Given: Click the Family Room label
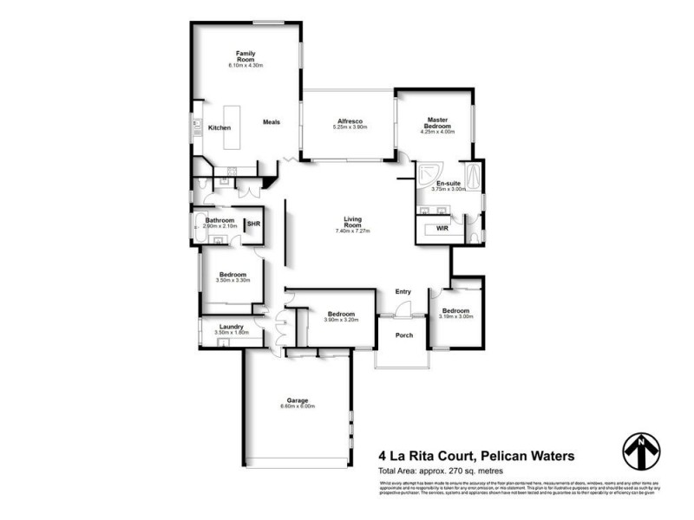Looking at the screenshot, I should click(x=245, y=56).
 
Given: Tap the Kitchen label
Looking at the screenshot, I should click(x=219, y=128).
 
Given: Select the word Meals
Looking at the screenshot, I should click(x=272, y=121).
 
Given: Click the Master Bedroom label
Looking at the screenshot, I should click(x=435, y=124).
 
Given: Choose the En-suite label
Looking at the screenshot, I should click(x=448, y=184).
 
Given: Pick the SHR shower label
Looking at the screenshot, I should click(x=253, y=224).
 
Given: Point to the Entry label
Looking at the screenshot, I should click(x=403, y=291).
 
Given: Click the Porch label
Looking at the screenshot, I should click(x=403, y=335).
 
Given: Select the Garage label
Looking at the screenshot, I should click(x=296, y=400).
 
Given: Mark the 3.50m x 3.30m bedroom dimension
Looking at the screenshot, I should click(x=232, y=280).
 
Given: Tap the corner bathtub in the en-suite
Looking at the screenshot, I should click(x=429, y=176).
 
